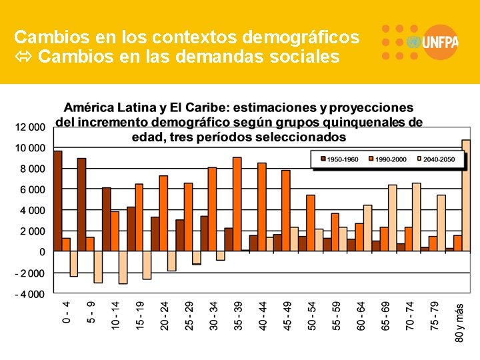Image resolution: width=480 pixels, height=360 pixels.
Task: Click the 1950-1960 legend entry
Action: point(340,159)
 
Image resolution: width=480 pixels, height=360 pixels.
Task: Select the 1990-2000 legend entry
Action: point(389,159)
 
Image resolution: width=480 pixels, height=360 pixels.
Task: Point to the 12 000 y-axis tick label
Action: point(30,127)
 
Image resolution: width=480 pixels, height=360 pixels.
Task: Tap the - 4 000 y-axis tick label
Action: point(30,294)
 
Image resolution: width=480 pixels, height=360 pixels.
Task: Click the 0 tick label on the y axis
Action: point(42,252)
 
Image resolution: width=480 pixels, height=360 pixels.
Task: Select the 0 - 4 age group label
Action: point(66,313)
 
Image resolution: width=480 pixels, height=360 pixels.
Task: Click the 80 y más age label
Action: point(459,323)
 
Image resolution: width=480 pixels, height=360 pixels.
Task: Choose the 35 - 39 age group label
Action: point(238,315)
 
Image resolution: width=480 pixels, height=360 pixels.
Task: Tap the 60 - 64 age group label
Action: point(361,315)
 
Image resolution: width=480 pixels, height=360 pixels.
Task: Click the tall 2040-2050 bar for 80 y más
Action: point(466,195)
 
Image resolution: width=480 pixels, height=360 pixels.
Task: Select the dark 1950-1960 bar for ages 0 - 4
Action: point(58,201)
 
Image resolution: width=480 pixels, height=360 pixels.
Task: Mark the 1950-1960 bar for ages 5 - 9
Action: point(82,205)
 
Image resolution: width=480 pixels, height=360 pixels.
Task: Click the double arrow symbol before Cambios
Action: point(24,57)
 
